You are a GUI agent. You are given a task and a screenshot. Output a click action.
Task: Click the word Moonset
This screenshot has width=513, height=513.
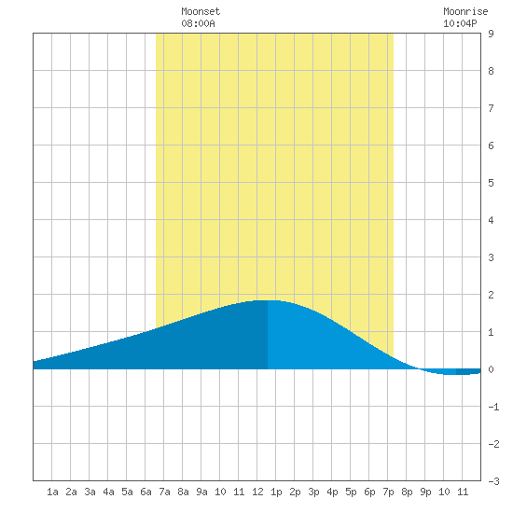pos(201,11)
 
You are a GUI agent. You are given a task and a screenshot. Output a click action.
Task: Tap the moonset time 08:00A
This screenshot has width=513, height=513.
pos(198,23)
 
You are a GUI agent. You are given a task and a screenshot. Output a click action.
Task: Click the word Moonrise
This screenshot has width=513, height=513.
pos(465,11)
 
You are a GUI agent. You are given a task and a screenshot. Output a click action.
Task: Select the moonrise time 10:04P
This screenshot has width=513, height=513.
pos(460,23)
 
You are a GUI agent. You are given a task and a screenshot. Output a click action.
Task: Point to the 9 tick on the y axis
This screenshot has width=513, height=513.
pos(491,34)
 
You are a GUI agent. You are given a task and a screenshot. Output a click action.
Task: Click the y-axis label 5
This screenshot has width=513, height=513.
pos(491,183)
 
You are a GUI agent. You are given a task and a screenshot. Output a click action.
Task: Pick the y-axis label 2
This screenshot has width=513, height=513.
pos(491,295)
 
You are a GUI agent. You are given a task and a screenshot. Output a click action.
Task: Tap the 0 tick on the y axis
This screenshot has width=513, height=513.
pos(491,369)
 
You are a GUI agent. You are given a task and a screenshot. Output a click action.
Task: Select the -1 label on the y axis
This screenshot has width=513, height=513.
pos(493,407)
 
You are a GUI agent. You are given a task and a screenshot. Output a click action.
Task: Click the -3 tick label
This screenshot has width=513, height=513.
pos(493,481)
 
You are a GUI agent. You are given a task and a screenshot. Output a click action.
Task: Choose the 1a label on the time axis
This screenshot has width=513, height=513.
pos(52,492)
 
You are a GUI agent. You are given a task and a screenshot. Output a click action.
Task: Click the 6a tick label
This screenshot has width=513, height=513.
pos(146,492)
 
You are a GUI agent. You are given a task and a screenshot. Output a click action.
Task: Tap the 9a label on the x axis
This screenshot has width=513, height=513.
pos(201,492)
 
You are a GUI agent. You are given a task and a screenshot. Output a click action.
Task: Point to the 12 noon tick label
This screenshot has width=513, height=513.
pos(257,492)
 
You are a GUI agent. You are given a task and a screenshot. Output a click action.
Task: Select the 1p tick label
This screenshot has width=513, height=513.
pos(276,492)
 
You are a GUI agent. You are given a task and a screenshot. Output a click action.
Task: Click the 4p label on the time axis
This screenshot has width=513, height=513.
pos(332,492)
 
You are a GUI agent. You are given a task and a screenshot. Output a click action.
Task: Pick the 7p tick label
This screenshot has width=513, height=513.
pos(388,492)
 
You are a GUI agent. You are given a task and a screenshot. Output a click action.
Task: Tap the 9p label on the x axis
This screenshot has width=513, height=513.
pos(425,492)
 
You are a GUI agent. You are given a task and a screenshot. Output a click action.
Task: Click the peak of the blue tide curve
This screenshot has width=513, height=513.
pos(268,300)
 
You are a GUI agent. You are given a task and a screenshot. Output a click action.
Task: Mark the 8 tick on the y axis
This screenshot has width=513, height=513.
pos(491,71)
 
